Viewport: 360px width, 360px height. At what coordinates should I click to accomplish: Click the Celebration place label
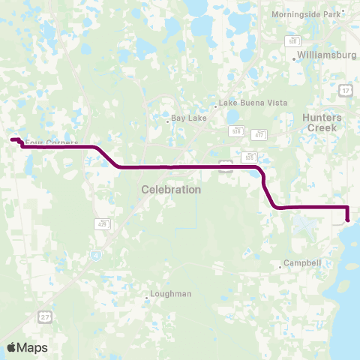(171, 190)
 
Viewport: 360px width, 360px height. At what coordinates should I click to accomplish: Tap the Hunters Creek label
(322, 123)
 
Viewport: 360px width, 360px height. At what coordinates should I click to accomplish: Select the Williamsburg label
(325, 55)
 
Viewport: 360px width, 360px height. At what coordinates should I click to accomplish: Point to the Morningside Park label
(315, 14)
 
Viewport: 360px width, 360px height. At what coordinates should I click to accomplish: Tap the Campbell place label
(303, 263)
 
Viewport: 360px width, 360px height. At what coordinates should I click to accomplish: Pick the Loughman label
(171, 294)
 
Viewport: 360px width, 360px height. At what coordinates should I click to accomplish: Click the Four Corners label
(47, 141)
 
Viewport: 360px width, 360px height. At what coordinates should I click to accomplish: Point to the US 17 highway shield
(344, 90)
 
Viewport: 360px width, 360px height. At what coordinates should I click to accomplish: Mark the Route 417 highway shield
(259, 133)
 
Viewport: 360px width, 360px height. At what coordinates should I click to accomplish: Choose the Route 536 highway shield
(237, 130)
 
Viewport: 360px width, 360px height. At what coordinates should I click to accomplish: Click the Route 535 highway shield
(250, 157)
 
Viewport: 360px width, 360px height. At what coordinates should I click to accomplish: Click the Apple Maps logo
(27, 347)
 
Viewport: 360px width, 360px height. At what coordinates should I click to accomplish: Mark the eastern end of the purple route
(349, 220)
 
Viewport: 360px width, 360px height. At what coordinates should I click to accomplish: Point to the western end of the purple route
(11, 139)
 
